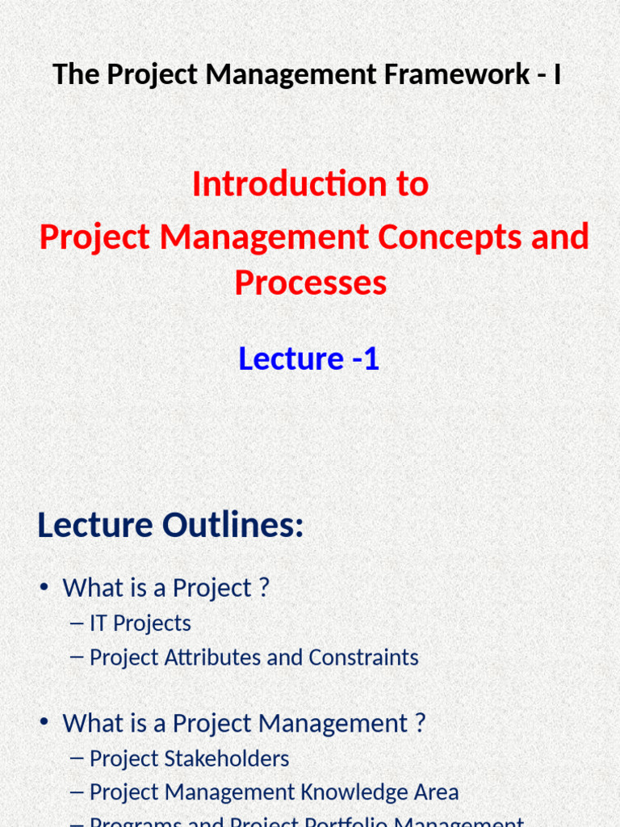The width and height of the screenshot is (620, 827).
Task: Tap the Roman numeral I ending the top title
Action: (557, 74)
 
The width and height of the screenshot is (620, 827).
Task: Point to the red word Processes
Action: (310, 283)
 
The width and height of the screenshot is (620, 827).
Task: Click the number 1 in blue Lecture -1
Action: (371, 359)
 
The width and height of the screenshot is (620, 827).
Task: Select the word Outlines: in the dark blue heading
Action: (233, 526)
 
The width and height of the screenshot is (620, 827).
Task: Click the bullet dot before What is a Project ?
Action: (44, 589)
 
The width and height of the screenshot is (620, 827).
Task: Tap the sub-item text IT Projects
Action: (140, 623)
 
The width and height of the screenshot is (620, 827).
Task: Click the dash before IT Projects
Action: (77, 623)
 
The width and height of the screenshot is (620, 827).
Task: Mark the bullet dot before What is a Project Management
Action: (44, 724)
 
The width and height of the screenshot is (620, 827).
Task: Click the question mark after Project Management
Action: (419, 723)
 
